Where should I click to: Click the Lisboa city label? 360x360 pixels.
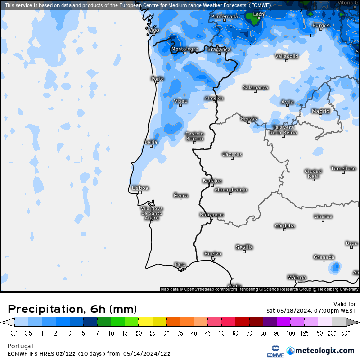click(140, 188)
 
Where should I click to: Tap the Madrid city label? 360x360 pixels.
click(320, 111)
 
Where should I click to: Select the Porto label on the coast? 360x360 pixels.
click(157, 79)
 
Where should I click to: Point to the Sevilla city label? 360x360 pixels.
click(244, 247)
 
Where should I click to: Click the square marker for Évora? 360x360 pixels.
click(181, 199)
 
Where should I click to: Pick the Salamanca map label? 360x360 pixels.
click(255, 87)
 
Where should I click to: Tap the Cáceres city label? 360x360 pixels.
click(232, 154)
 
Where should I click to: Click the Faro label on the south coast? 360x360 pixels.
click(180, 264)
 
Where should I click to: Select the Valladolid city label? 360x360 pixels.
click(287, 56)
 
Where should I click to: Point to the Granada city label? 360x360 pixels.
click(324, 257)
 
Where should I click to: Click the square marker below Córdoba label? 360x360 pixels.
click(285, 230)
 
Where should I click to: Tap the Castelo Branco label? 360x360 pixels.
click(194, 136)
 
